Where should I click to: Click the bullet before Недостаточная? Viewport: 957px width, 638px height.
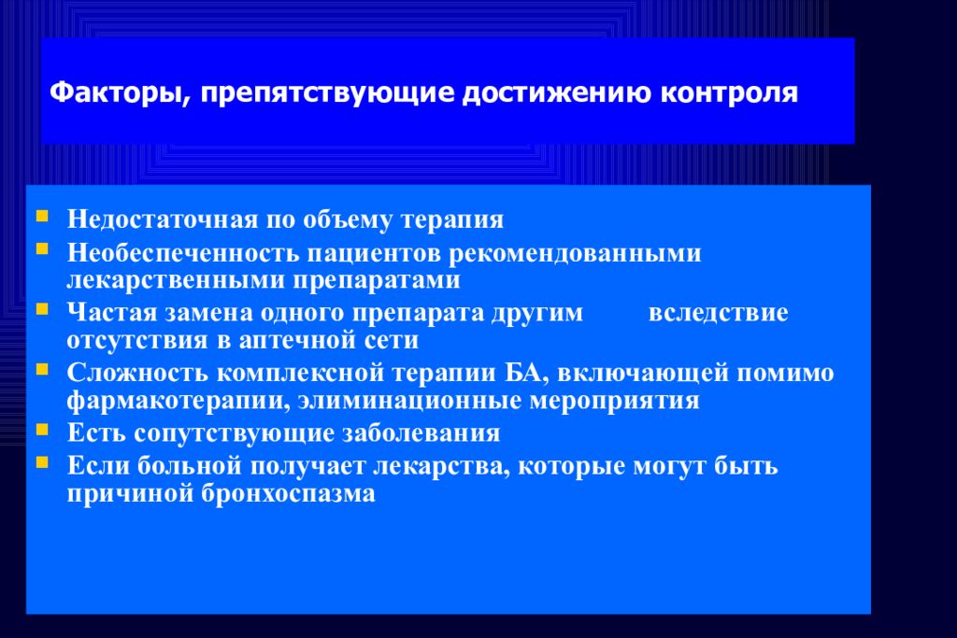coord(43,217)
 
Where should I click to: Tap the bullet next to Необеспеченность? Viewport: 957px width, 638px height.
coord(43,249)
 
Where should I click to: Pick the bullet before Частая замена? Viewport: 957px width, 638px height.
coord(43,308)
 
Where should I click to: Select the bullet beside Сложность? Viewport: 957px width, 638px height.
coord(43,369)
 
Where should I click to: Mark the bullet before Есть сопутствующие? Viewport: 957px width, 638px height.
coord(43,430)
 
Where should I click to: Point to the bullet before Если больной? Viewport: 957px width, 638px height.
coord(43,461)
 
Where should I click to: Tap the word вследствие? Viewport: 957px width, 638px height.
coord(718,312)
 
